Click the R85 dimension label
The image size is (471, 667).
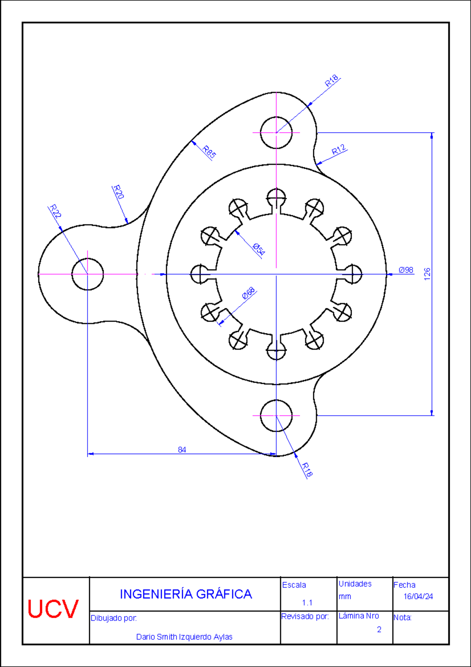pyautogui.click(x=209, y=152)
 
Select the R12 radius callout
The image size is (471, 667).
pyautogui.click(x=339, y=150)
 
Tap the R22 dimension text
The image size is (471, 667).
pyautogui.click(x=55, y=211)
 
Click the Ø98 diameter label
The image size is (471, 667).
pyautogui.click(x=406, y=270)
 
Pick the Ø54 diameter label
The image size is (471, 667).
pyautogui.click(x=259, y=249)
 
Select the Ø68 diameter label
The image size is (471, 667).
pyautogui.click(x=248, y=293)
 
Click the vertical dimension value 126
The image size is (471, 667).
pyautogui.click(x=427, y=274)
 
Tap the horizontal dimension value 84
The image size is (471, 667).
pyautogui.click(x=182, y=449)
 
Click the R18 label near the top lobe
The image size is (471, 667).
pyautogui.click(x=332, y=81)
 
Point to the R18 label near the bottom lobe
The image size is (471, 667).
pyautogui.click(x=307, y=470)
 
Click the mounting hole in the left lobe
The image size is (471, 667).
pyautogui.click(x=88, y=274)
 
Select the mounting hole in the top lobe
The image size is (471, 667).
pyautogui.click(x=276, y=133)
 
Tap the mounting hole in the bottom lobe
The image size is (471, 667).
pyautogui.click(x=276, y=416)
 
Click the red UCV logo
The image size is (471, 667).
pyautogui.click(x=53, y=609)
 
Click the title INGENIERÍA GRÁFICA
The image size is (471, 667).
pyautogui.click(x=186, y=594)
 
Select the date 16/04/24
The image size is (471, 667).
pyautogui.click(x=418, y=596)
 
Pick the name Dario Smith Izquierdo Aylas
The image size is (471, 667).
pyautogui.click(x=184, y=637)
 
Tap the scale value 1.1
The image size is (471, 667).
pyautogui.click(x=307, y=603)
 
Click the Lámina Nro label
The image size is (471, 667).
pyautogui.click(x=359, y=616)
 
